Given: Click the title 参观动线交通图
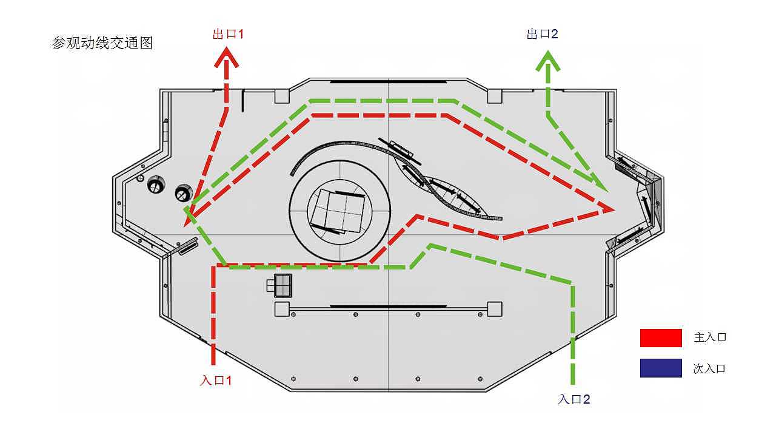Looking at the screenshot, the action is [102, 44].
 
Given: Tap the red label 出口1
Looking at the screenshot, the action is [228, 34].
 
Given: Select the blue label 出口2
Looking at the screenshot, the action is [542, 34].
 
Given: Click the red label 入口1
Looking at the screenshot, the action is [216, 381].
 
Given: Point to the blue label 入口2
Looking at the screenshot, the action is [574, 399].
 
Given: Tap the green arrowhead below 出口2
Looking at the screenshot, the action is [548, 61].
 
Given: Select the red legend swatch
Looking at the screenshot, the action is [661, 337].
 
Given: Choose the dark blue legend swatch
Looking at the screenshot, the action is [661, 368].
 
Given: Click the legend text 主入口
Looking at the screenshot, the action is [710, 337].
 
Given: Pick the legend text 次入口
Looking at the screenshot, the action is [709, 368].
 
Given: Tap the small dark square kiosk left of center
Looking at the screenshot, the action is [283, 285].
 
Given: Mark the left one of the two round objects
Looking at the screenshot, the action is [156, 186].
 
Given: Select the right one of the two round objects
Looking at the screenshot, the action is [182, 193].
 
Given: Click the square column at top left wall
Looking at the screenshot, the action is [282, 96].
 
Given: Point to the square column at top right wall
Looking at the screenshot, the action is [495, 96].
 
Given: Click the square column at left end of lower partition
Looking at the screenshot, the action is [282, 309].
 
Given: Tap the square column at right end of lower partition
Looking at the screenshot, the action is [494, 309].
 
